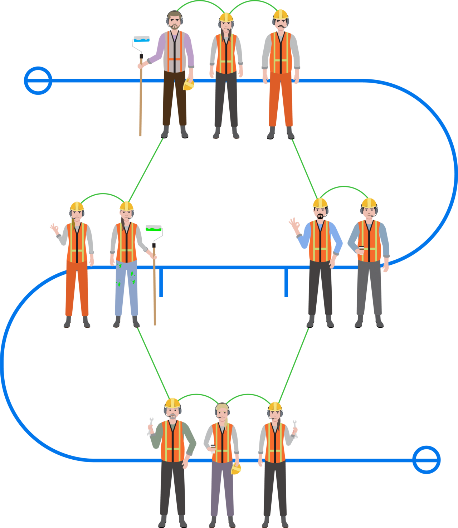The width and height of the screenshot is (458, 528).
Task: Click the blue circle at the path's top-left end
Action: click(38, 80)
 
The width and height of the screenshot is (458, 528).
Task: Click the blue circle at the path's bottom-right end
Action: click(426, 460)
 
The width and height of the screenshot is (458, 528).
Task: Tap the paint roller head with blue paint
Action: click(141, 39)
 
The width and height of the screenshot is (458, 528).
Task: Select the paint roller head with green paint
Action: click(154, 228)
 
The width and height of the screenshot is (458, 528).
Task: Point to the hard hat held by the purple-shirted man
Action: click(189, 85)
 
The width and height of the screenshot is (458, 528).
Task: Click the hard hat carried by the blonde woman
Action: click(236, 468)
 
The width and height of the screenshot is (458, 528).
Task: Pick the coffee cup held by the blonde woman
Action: click(213, 449)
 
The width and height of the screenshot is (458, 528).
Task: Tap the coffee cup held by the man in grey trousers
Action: click(361, 249)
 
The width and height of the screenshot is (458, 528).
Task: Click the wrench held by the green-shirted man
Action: click(151, 426)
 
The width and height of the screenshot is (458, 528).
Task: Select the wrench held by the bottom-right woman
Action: click(295, 429)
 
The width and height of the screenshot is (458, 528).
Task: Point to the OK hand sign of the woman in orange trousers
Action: click(55, 228)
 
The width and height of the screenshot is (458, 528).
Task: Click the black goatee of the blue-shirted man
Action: click(320, 216)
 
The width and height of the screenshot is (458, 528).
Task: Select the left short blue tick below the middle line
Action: click(161, 283)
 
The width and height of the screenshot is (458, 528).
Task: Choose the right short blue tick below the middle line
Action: click(286, 283)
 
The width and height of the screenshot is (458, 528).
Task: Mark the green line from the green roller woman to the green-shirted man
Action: click(153, 361)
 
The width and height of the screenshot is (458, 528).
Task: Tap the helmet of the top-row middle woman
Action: click(226, 17)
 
